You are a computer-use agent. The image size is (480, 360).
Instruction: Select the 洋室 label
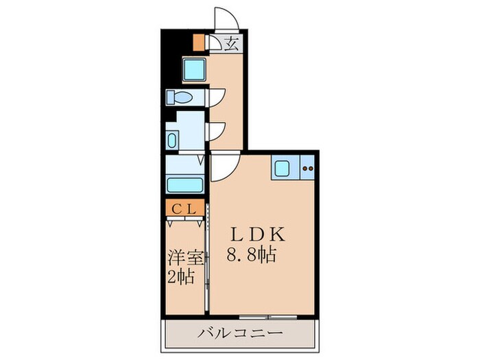point(186,259)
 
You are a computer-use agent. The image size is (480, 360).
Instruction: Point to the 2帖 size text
point(182,278)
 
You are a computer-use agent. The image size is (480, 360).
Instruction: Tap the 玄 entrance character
point(232,45)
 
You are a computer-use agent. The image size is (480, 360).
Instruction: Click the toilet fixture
point(180,97)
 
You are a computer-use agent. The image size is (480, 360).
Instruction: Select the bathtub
point(185,185)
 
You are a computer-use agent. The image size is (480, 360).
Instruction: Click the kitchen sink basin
point(283,169)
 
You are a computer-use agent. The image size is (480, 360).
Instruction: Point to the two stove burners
point(307,168)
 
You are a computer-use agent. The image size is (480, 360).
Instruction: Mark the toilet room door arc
point(217,97)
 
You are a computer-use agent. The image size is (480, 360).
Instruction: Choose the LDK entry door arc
point(224,167)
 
